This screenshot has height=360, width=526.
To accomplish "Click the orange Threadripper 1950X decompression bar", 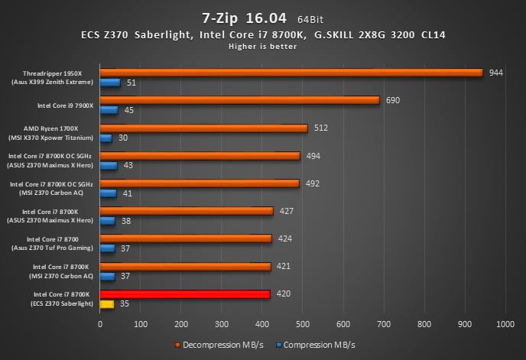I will click(291, 73).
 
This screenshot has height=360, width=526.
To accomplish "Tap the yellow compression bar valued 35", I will click(107, 303).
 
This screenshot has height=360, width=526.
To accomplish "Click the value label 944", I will click(498, 73).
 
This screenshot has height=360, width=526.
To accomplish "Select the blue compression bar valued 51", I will click(110, 83).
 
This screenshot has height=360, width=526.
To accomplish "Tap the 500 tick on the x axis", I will click(302, 324).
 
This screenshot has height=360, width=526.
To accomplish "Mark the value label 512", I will click(321, 128).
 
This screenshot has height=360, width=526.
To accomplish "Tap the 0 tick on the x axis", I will click(100, 324).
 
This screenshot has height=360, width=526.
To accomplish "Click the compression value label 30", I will click(123, 138).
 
